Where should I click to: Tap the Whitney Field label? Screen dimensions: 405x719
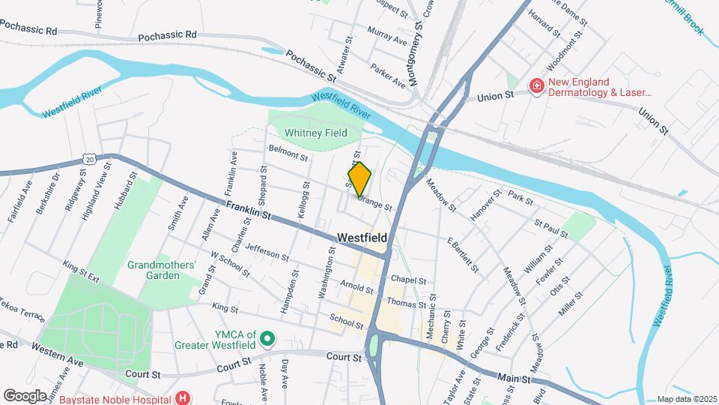coord(315,133)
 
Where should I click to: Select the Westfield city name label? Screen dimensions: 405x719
coord(362,237)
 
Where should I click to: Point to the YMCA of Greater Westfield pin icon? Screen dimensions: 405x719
coord(267,341)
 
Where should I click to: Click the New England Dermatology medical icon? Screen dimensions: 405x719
coord(536,87)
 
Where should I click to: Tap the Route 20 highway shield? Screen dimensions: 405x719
coord(90,159)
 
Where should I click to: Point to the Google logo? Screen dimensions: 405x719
coord(25,395)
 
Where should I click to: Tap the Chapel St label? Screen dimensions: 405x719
coord(407,280)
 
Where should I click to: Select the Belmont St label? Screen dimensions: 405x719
coord(288,153)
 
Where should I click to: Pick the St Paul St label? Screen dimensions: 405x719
coord(550,229)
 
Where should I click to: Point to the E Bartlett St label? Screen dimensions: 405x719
coord(462,253)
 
